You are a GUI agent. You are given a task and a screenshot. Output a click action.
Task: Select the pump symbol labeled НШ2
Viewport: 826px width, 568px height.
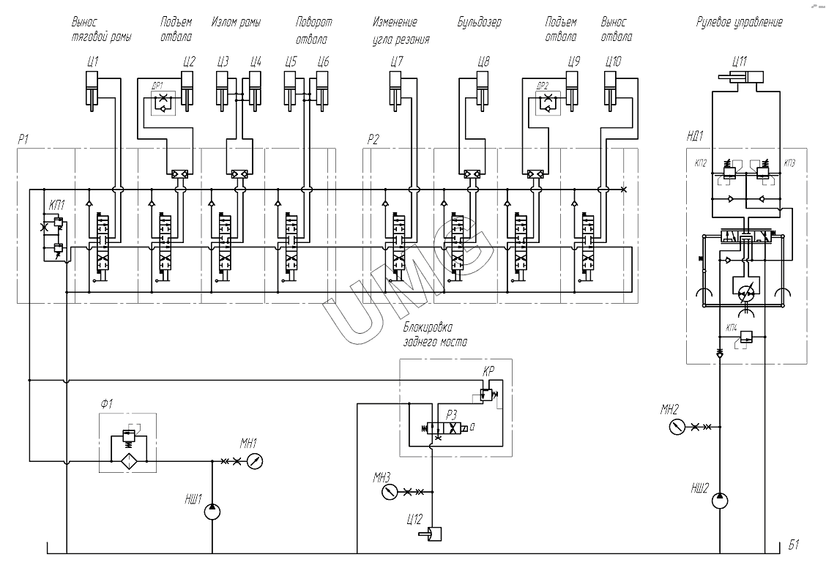pyautogui.click(x=720, y=501)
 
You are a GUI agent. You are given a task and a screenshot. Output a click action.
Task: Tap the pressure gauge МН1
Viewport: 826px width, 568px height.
pyautogui.click(x=253, y=461)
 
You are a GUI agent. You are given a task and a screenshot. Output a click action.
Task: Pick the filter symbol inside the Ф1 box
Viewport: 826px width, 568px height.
pyautogui.click(x=130, y=461)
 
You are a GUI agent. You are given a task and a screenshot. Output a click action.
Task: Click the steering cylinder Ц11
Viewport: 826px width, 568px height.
pyautogui.click(x=740, y=78)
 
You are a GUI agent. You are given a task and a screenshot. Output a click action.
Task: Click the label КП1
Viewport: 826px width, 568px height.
pyautogui.click(x=56, y=206)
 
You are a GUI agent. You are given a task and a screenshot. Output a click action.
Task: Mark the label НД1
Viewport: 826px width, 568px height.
pyautogui.click(x=695, y=135)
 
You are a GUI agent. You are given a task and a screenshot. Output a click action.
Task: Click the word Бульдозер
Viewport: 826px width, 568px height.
pyautogui.click(x=480, y=23)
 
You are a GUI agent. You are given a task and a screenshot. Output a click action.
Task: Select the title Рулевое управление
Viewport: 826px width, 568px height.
pyautogui.click(x=739, y=23)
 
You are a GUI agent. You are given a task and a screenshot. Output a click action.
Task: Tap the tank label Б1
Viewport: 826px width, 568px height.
pyautogui.click(x=794, y=545)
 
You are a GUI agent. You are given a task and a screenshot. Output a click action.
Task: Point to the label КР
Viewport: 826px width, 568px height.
pyautogui.click(x=489, y=371)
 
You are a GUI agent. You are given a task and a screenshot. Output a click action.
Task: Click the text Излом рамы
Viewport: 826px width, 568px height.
pyautogui.click(x=236, y=23)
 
